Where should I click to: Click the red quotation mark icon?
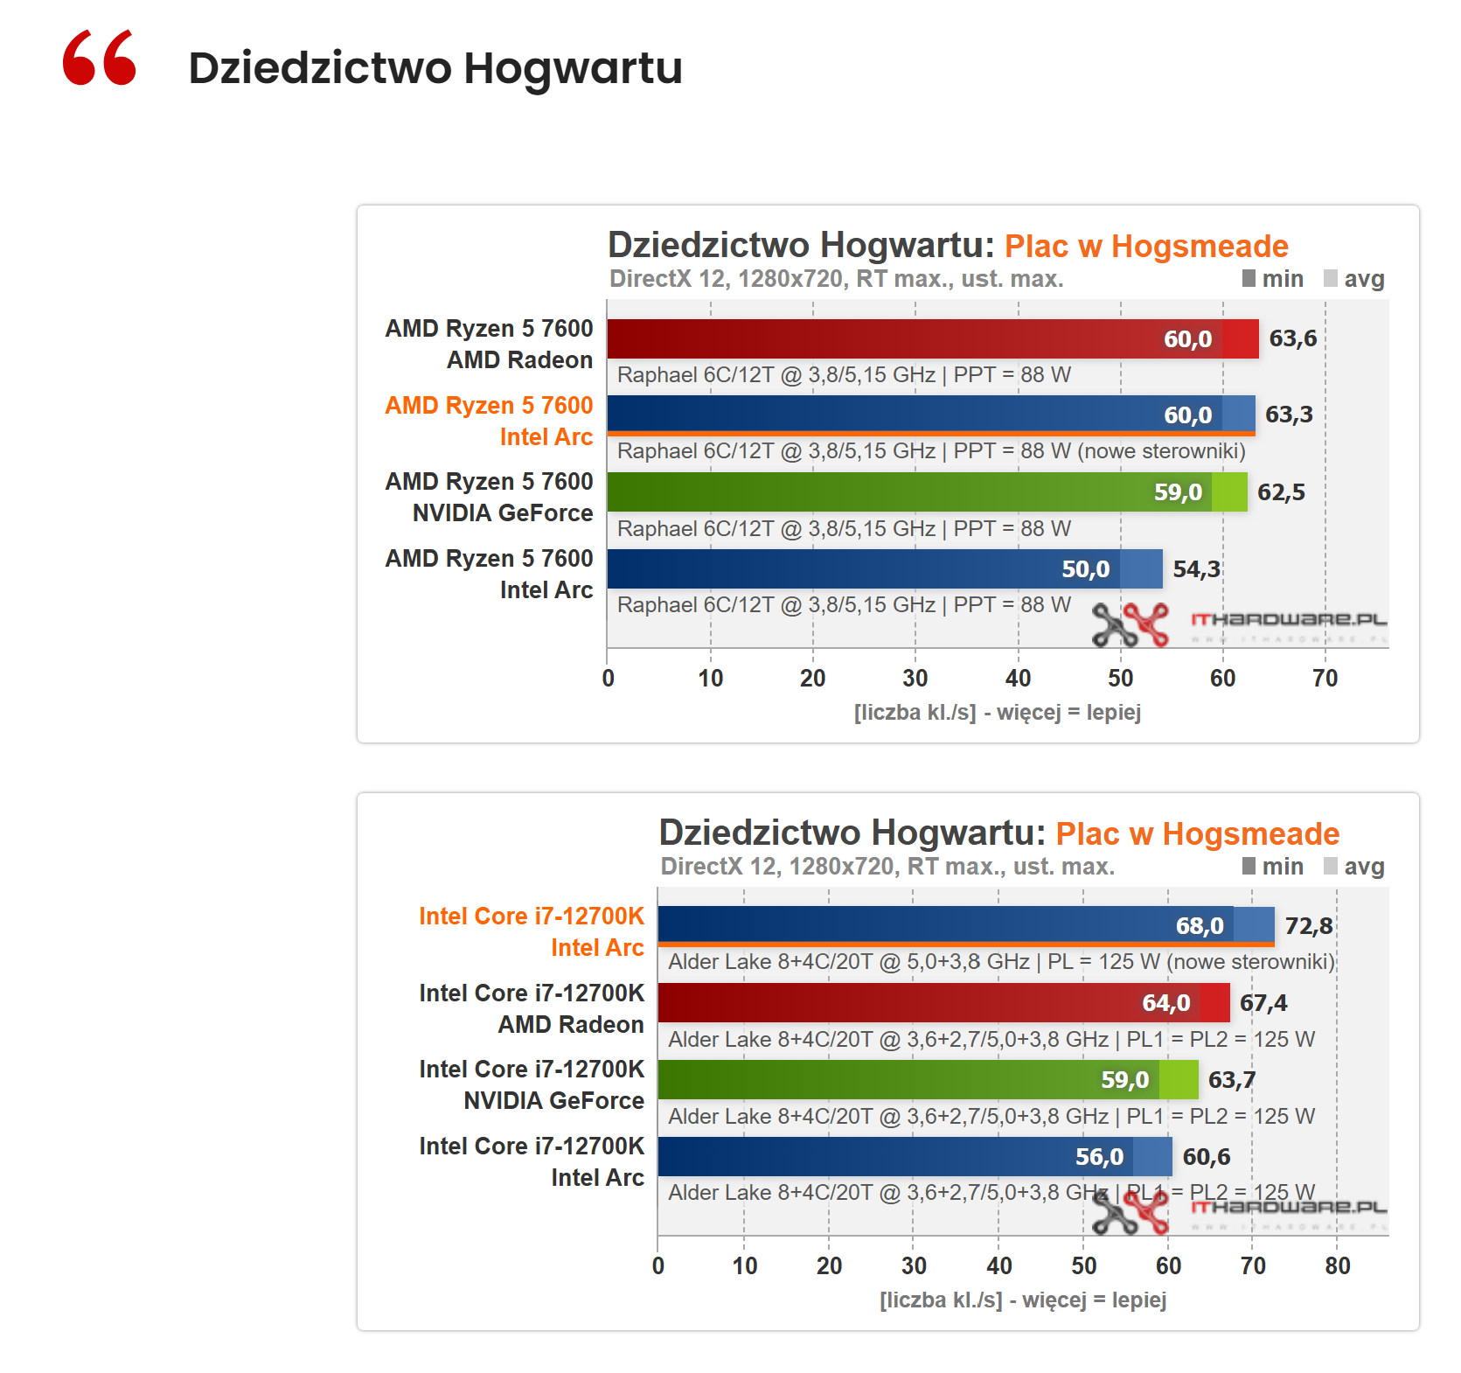click(x=100, y=58)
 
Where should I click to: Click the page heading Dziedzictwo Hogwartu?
click(x=435, y=68)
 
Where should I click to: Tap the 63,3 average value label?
click(x=1289, y=415)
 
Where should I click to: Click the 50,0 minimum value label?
click(x=1085, y=569)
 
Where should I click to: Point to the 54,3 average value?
click(x=1196, y=569)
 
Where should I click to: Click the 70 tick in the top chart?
click(x=1325, y=679)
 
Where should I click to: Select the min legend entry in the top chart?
click(x=1273, y=279)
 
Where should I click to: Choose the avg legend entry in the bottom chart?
click(x=1354, y=867)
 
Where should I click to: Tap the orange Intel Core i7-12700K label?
click(x=531, y=916)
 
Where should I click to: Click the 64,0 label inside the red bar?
click(x=1165, y=1003)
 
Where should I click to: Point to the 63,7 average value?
click(x=1231, y=1080)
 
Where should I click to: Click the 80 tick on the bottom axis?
click(x=1337, y=1266)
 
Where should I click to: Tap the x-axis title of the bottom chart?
click(x=1022, y=1300)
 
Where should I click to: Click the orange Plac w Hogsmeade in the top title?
click(x=1145, y=247)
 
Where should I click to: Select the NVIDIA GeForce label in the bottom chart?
click(x=553, y=1101)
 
